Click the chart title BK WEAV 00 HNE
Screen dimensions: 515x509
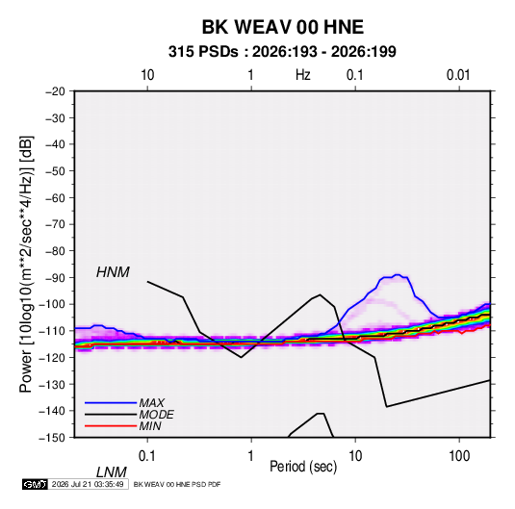point(282,27)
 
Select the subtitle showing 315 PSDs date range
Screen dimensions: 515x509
point(282,52)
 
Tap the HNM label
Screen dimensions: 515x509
point(113,272)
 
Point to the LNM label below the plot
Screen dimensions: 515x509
point(111,472)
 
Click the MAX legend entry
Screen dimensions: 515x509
point(151,402)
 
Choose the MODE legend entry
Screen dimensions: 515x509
point(156,415)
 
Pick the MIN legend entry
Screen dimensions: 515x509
point(150,426)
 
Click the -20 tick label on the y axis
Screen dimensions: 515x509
point(55,91)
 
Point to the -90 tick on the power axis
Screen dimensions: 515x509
point(55,278)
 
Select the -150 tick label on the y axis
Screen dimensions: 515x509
point(52,438)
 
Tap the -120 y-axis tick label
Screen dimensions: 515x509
point(52,358)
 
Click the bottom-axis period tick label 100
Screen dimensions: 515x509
point(459,456)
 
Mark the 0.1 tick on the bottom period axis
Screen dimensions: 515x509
point(147,456)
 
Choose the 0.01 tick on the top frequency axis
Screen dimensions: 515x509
point(458,75)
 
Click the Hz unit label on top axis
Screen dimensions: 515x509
point(303,75)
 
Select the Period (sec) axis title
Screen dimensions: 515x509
point(303,467)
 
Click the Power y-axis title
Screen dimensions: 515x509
point(26,264)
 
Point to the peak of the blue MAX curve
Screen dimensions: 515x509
point(398,274)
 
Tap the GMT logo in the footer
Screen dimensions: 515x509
point(36,484)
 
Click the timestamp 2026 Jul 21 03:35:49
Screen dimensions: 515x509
point(88,484)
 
